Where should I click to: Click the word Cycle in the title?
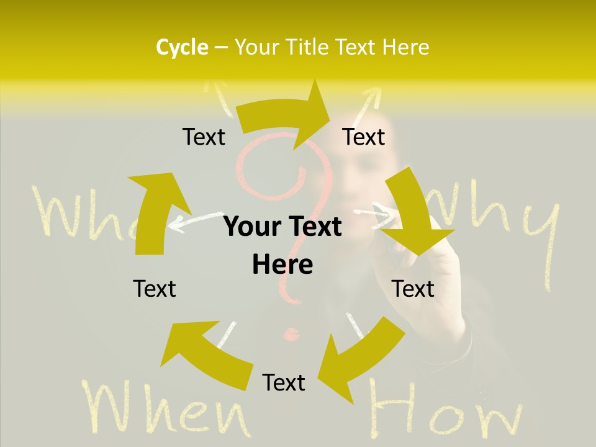pos(182,47)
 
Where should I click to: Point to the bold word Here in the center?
pos(282,264)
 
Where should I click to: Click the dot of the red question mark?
pos(290,336)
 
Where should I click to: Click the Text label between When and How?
pos(284,382)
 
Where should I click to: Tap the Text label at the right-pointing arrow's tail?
pos(204,137)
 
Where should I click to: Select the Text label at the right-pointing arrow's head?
pos(364,137)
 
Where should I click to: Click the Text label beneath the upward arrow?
pos(155,289)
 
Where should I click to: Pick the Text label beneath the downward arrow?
pos(413,289)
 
